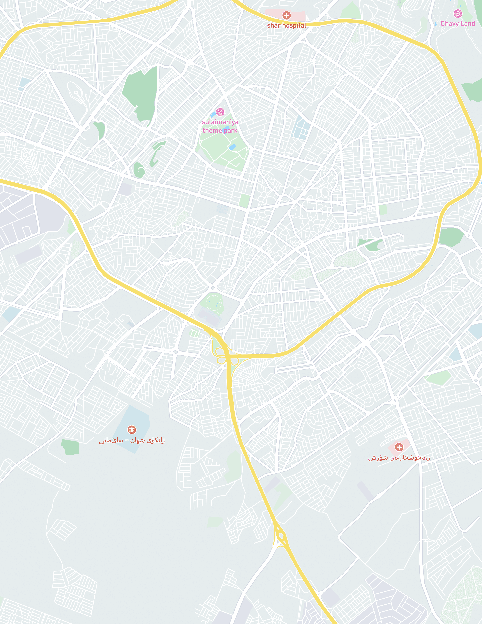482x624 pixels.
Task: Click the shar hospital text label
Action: click(x=286, y=25)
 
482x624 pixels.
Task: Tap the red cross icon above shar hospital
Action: click(x=286, y=15)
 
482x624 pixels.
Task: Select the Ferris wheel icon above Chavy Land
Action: click(x=458, y=13)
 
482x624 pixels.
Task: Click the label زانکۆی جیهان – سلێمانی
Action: click(x=132, y=440)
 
